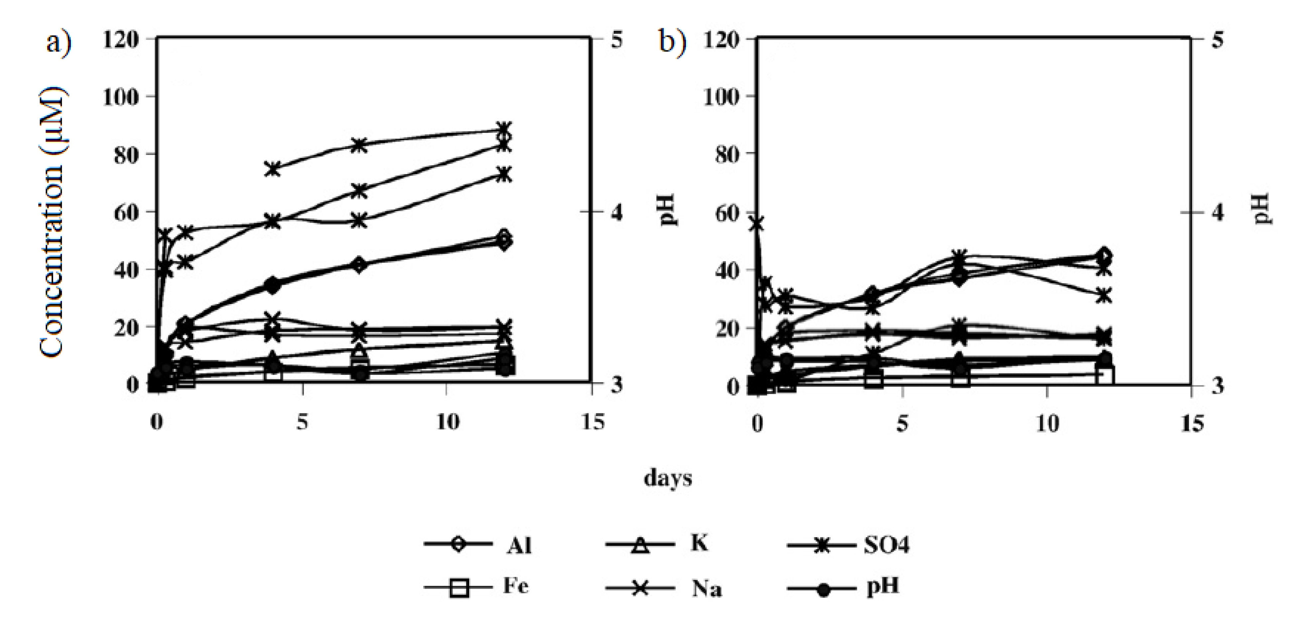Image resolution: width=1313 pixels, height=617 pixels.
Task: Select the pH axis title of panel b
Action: pyautogui.click(x=1262, y=210)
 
